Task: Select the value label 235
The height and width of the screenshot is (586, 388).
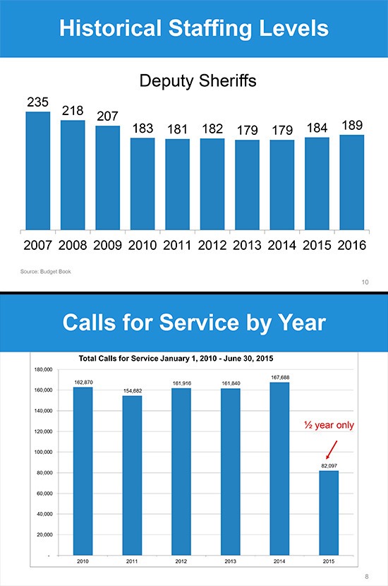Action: point(37,102)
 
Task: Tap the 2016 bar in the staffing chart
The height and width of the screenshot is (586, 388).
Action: point(351,181)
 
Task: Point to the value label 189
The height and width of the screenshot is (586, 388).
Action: point(352,125)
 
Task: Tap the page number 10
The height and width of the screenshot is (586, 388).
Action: point(365,282)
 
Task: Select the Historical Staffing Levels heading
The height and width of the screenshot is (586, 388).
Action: point(194,29)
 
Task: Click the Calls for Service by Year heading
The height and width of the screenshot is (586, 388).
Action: point(194,323)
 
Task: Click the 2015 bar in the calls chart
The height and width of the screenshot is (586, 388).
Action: point(329,512)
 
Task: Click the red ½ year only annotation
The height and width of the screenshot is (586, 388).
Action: point(329,426)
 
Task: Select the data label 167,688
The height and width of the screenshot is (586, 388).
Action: point(279,377)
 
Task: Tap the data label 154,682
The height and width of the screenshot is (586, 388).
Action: point(132,390)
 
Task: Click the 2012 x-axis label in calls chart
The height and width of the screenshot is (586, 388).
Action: point(181,562)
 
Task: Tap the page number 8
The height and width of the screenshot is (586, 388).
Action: point(367,577)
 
